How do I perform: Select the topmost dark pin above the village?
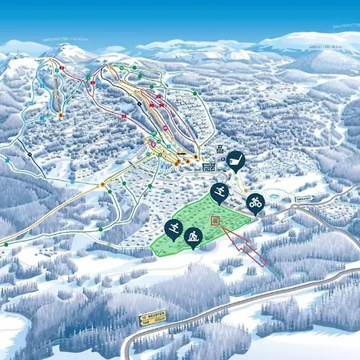234,160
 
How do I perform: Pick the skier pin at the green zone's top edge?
218,191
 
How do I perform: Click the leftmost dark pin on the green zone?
173,229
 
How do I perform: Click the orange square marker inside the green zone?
215,220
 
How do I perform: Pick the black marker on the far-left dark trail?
30,154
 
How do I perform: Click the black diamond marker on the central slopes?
139,103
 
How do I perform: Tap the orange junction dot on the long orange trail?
102,186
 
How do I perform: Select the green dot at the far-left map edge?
6,242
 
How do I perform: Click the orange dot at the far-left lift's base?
60,116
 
